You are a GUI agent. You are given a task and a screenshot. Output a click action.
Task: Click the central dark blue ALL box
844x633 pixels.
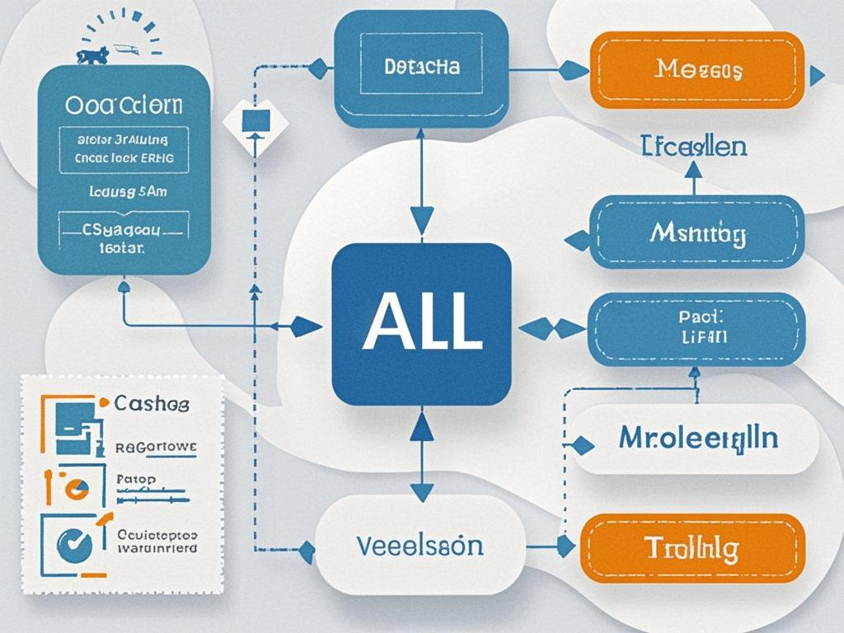[x=421, y=324]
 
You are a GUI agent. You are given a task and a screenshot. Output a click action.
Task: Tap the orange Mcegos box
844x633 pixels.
[x=697, y=70]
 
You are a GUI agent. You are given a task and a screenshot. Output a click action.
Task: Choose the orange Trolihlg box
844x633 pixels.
[x=692, y=548]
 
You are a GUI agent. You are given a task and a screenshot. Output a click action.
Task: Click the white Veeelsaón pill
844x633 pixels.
[x=420, y=546]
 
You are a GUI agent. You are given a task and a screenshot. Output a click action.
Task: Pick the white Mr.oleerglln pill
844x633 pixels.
[x=697, y=438]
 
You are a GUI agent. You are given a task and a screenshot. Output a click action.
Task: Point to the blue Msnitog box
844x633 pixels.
[x=697, y=232]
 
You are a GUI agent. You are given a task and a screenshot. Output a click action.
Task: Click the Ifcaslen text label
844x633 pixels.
[x=694, y=147]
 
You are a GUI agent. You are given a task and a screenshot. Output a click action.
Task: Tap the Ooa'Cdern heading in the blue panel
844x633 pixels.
[x=124, y=106]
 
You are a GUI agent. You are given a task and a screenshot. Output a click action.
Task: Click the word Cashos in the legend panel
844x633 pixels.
[x=152, y=404]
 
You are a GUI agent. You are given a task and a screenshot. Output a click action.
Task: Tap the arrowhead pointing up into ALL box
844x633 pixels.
[x=421, y=426]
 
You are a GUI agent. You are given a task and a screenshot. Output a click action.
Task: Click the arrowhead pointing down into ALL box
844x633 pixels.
[x=421, y=221]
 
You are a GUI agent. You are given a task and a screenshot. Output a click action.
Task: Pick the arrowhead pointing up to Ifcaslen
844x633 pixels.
[x=693, y=169]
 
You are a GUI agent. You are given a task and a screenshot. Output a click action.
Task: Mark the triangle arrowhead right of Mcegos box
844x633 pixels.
[x=817, y=77]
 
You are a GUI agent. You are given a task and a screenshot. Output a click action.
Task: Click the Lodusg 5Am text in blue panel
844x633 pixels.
[x=124, y=194]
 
